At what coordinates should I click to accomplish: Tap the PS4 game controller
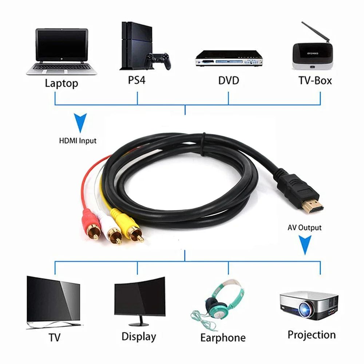click(x=158, y=60)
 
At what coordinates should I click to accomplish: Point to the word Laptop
click(x=61, y=83)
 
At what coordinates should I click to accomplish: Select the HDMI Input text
click(x=78, y=141)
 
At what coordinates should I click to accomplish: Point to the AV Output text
click(x=304, y=228)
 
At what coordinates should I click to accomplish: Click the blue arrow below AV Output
click(x=305, y=246)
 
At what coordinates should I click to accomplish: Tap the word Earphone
click(x=223, y=337)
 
